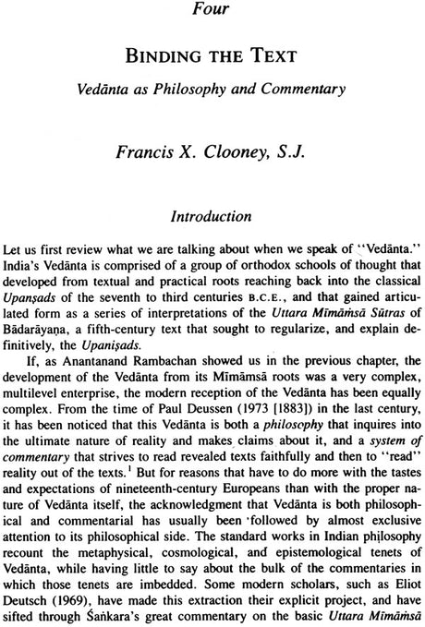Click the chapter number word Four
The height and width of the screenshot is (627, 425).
[x=212, y=12]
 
